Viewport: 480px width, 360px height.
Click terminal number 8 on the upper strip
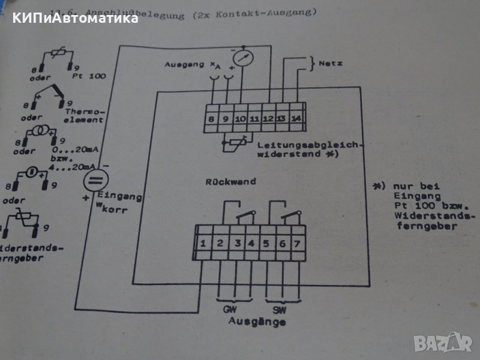212,119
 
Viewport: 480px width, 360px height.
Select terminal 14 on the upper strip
296,118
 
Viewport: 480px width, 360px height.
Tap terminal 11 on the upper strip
253,119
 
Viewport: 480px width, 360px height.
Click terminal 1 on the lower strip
204,243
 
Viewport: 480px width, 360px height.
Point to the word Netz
331,62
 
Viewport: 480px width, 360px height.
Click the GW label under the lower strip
229,311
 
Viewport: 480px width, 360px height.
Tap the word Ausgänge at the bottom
257,322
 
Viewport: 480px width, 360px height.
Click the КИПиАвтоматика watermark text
72,18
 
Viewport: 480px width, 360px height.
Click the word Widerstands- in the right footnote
427,215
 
